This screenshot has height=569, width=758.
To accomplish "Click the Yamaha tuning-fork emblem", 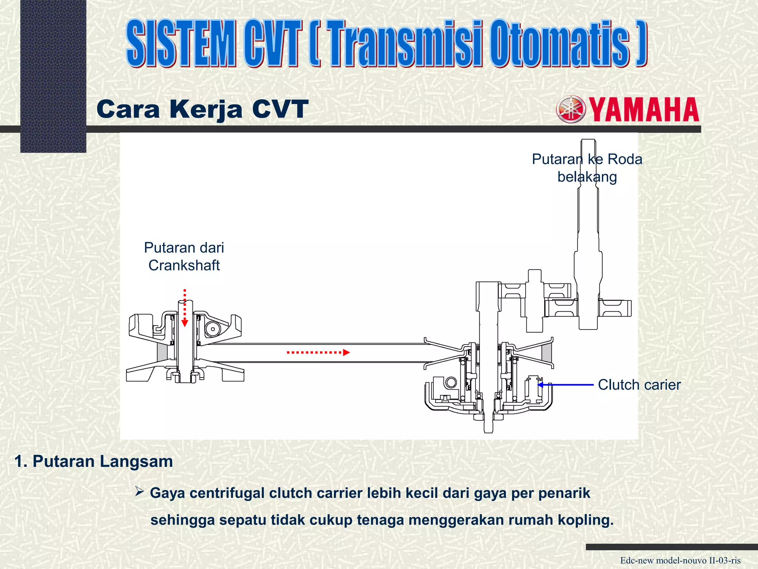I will pyautogui.click(x=571, y=109).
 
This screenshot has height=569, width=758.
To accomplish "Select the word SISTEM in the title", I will pyautogui.click(x=181, y=43).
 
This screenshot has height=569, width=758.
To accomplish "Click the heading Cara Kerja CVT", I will pyautogui.click(x=202, y=109).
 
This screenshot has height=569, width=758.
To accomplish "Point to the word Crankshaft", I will pyautogui.click(x=184, y=266).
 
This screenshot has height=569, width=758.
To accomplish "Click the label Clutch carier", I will pyautogui.click(x=639, y=385).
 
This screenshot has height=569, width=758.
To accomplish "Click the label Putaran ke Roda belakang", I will pyautogui.click(x=587, y=168).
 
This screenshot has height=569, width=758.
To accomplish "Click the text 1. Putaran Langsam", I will pyautogui.click(x=94, y=462).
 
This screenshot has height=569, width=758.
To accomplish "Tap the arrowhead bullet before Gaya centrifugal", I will pyautogui.click(x=139, y=492).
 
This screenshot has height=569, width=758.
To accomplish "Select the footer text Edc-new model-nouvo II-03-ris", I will pyautogui.click(x=680, y=560).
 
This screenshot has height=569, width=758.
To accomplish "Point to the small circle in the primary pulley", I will pyautogui.click(x=213, y=329).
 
